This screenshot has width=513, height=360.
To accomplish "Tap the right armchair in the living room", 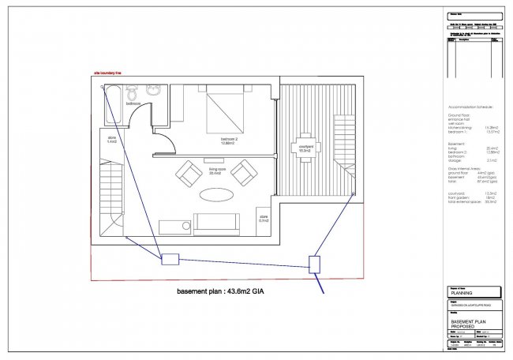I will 245,171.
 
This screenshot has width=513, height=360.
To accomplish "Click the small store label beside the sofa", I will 263,218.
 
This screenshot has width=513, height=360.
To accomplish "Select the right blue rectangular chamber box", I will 313,264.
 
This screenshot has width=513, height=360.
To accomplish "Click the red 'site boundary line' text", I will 107,73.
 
